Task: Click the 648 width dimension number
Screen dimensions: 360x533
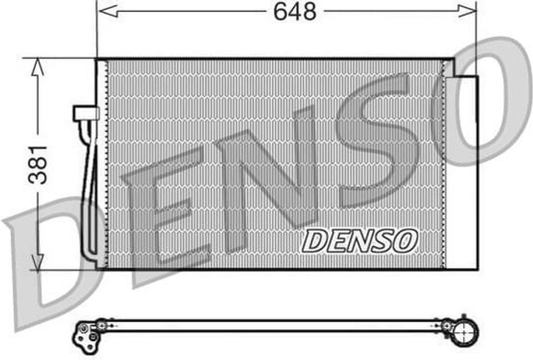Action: click(x=295, y=11)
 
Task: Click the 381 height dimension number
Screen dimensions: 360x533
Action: click(x=39, y=164)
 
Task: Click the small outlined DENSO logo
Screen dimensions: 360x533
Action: click(x=360, y=240)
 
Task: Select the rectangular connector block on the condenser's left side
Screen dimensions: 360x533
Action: click(x=86, y=113)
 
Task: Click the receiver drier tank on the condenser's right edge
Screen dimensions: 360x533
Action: click(x=461, y=172)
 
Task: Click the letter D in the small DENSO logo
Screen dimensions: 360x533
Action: click(x=315, y=241)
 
